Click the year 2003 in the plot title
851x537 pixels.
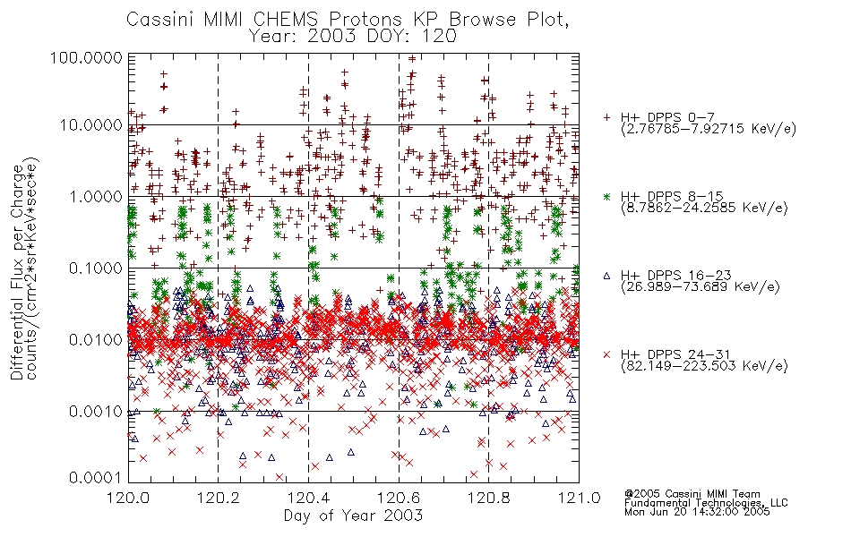tap(331, 37)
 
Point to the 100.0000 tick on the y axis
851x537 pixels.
tap(87, 57)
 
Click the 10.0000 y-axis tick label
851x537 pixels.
tap(90, 125)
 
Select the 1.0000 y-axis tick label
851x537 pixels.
tap(95, 196)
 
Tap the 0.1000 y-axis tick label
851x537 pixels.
tap(95, 268)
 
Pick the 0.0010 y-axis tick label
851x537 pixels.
tap(95, 411)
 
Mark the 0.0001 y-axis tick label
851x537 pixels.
tap(95, 478)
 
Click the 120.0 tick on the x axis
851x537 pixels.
tap(128, 498)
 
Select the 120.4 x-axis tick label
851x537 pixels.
tap(308, 498)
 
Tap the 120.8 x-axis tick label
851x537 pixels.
tap(488, 498)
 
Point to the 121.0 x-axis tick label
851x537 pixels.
tap(579, 498)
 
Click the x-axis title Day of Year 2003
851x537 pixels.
tap(353, 516)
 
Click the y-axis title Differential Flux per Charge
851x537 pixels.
tap(18, 272)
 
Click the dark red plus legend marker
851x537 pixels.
tap(606, 117)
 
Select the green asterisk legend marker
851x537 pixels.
tap(606, 196)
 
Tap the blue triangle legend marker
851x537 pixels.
tap(606, 276)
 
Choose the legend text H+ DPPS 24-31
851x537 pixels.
tap(675, 354)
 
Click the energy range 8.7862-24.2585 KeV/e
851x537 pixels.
tap(704, 208)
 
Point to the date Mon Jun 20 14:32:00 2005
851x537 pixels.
tap(697, 512)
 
